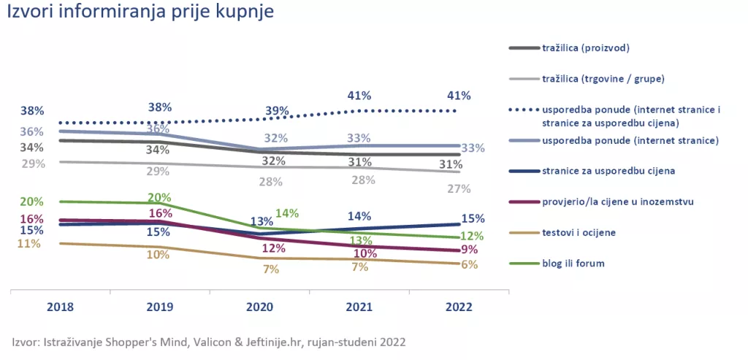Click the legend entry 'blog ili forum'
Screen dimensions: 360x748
573,263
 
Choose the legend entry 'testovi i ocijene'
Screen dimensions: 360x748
579,232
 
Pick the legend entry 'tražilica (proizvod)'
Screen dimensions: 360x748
586,48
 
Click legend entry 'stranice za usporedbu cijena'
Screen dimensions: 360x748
608,171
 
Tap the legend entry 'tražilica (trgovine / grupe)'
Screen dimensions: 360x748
603,78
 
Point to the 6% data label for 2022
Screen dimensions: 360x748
468,264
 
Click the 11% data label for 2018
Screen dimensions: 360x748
28,244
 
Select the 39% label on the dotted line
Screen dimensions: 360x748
278,110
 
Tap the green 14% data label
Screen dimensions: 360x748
287,213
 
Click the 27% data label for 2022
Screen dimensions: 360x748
459,189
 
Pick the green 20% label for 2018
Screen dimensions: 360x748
32,202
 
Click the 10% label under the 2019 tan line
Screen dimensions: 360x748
158,255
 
